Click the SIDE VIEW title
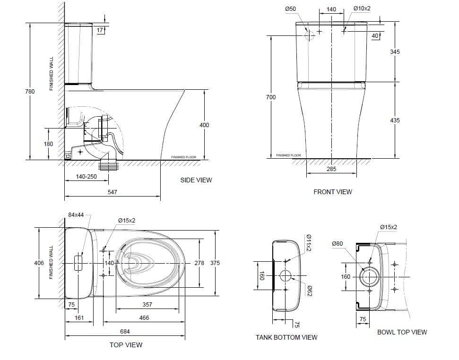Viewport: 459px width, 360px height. point(196,180)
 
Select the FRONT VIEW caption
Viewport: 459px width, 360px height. point(332,192)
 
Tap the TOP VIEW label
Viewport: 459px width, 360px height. point(126,345)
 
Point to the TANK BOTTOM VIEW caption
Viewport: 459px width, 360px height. point(286,337)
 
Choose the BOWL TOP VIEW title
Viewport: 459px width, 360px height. point(402,332)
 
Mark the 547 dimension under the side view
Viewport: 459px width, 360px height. point(112,192)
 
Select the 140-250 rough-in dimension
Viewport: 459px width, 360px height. point(86,177)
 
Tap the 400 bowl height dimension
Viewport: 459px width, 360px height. point(204,125)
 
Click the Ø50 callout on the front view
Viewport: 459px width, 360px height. point(291,9)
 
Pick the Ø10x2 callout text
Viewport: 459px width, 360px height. point(362,9)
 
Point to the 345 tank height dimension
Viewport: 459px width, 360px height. point(395,51)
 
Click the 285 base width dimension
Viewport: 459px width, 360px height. point(331,169)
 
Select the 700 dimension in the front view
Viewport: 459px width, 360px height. point(271,97)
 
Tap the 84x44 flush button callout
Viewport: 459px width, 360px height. point(76,214)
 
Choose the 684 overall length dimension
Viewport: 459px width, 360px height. point(124,332)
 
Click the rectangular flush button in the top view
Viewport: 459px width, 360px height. point(79,263)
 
